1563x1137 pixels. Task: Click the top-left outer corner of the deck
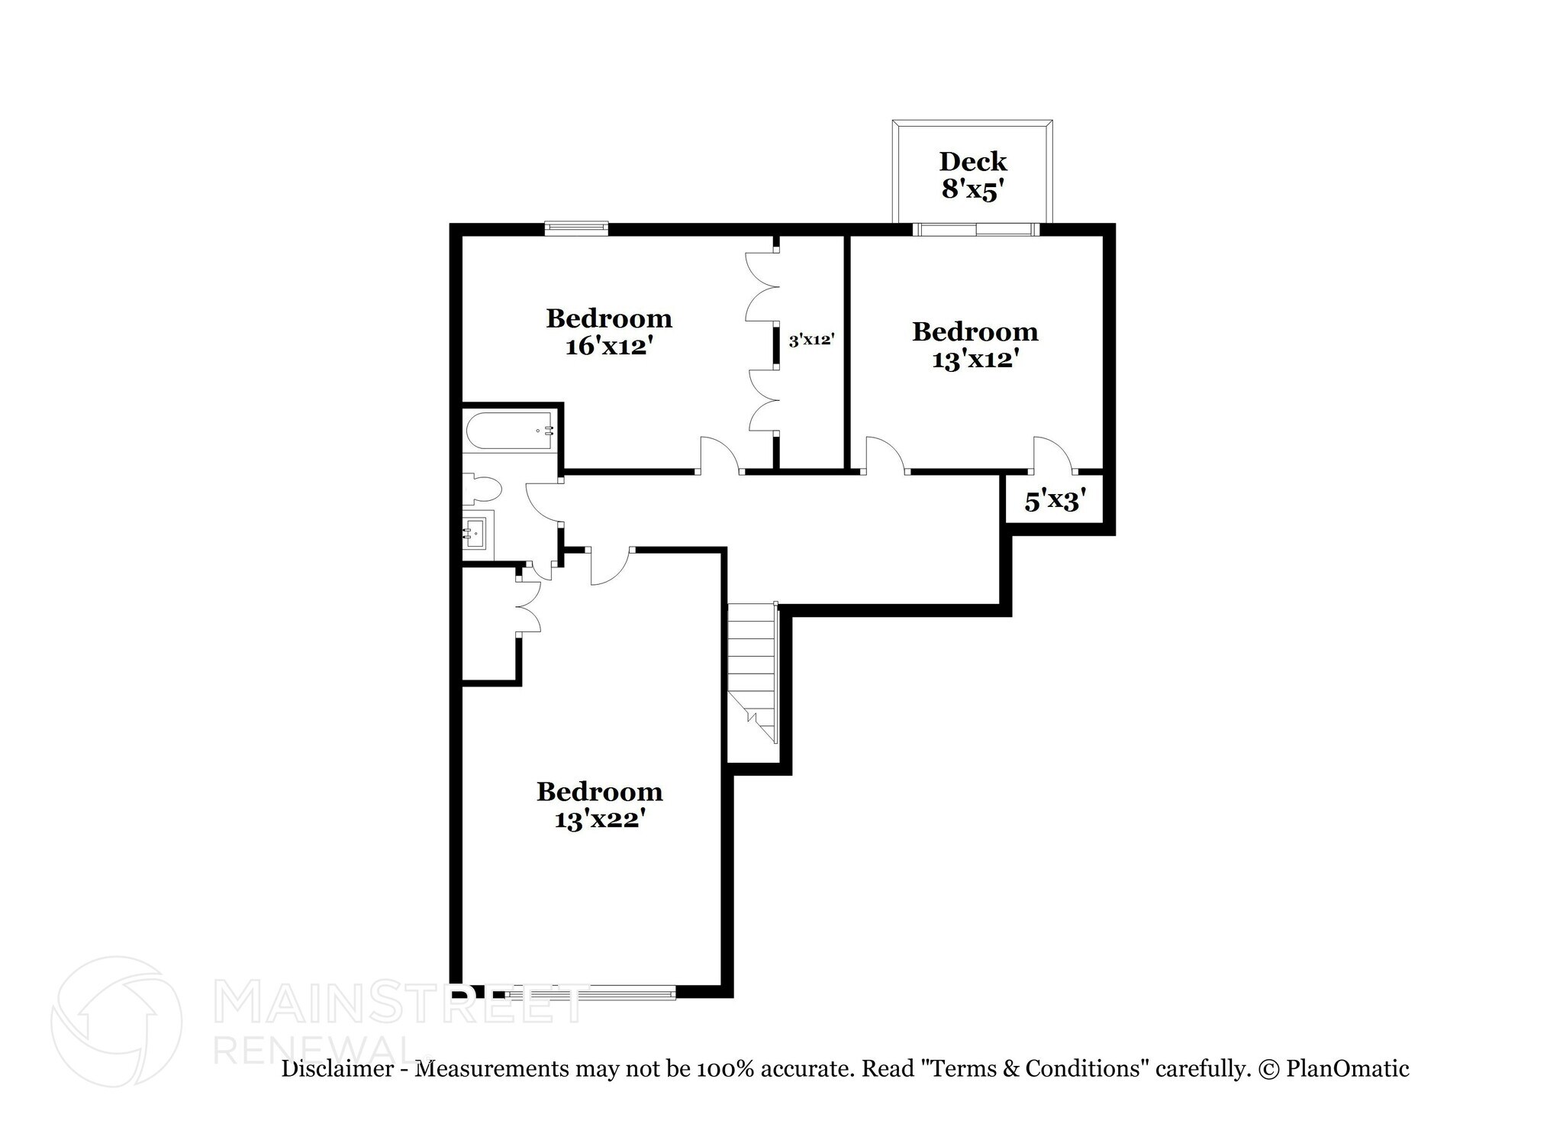892,120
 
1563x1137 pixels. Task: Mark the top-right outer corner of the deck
1053,120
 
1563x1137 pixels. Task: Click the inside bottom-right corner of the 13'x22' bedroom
721,985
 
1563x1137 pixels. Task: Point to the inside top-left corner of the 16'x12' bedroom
462,236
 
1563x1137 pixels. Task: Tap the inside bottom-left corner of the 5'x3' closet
1006,522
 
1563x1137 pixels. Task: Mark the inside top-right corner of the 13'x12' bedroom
1103,236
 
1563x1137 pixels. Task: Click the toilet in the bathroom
482,489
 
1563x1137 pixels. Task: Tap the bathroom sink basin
476,529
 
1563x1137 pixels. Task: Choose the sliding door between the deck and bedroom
976,228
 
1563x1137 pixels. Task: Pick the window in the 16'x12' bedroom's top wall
576,228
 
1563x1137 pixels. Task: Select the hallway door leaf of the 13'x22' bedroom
609,567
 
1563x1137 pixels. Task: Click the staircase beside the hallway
752,673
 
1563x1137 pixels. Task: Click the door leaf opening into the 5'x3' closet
1052,454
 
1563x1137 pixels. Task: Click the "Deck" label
973,161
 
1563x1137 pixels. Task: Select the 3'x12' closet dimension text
810,340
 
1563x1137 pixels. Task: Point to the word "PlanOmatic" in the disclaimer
1348,1068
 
